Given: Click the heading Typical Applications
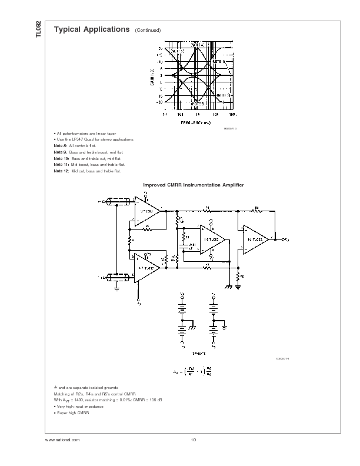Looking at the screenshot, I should [x=91, y=29].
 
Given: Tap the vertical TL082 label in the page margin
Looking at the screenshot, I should [x=39, y=31].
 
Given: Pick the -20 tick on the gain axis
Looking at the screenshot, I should [x=159, y=101].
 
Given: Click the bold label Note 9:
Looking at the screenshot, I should [x=59, y=152].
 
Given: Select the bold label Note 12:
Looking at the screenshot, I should [x=61, y=171].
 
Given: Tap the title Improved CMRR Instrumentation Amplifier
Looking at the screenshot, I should [x=194, y=185].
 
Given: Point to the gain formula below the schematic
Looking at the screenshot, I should [x=192, y=371].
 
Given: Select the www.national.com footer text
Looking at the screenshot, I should [x=62, y=440].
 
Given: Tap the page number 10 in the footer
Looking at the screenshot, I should [x=193, y=440].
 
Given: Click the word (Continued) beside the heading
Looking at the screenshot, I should [x=148, y=31].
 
